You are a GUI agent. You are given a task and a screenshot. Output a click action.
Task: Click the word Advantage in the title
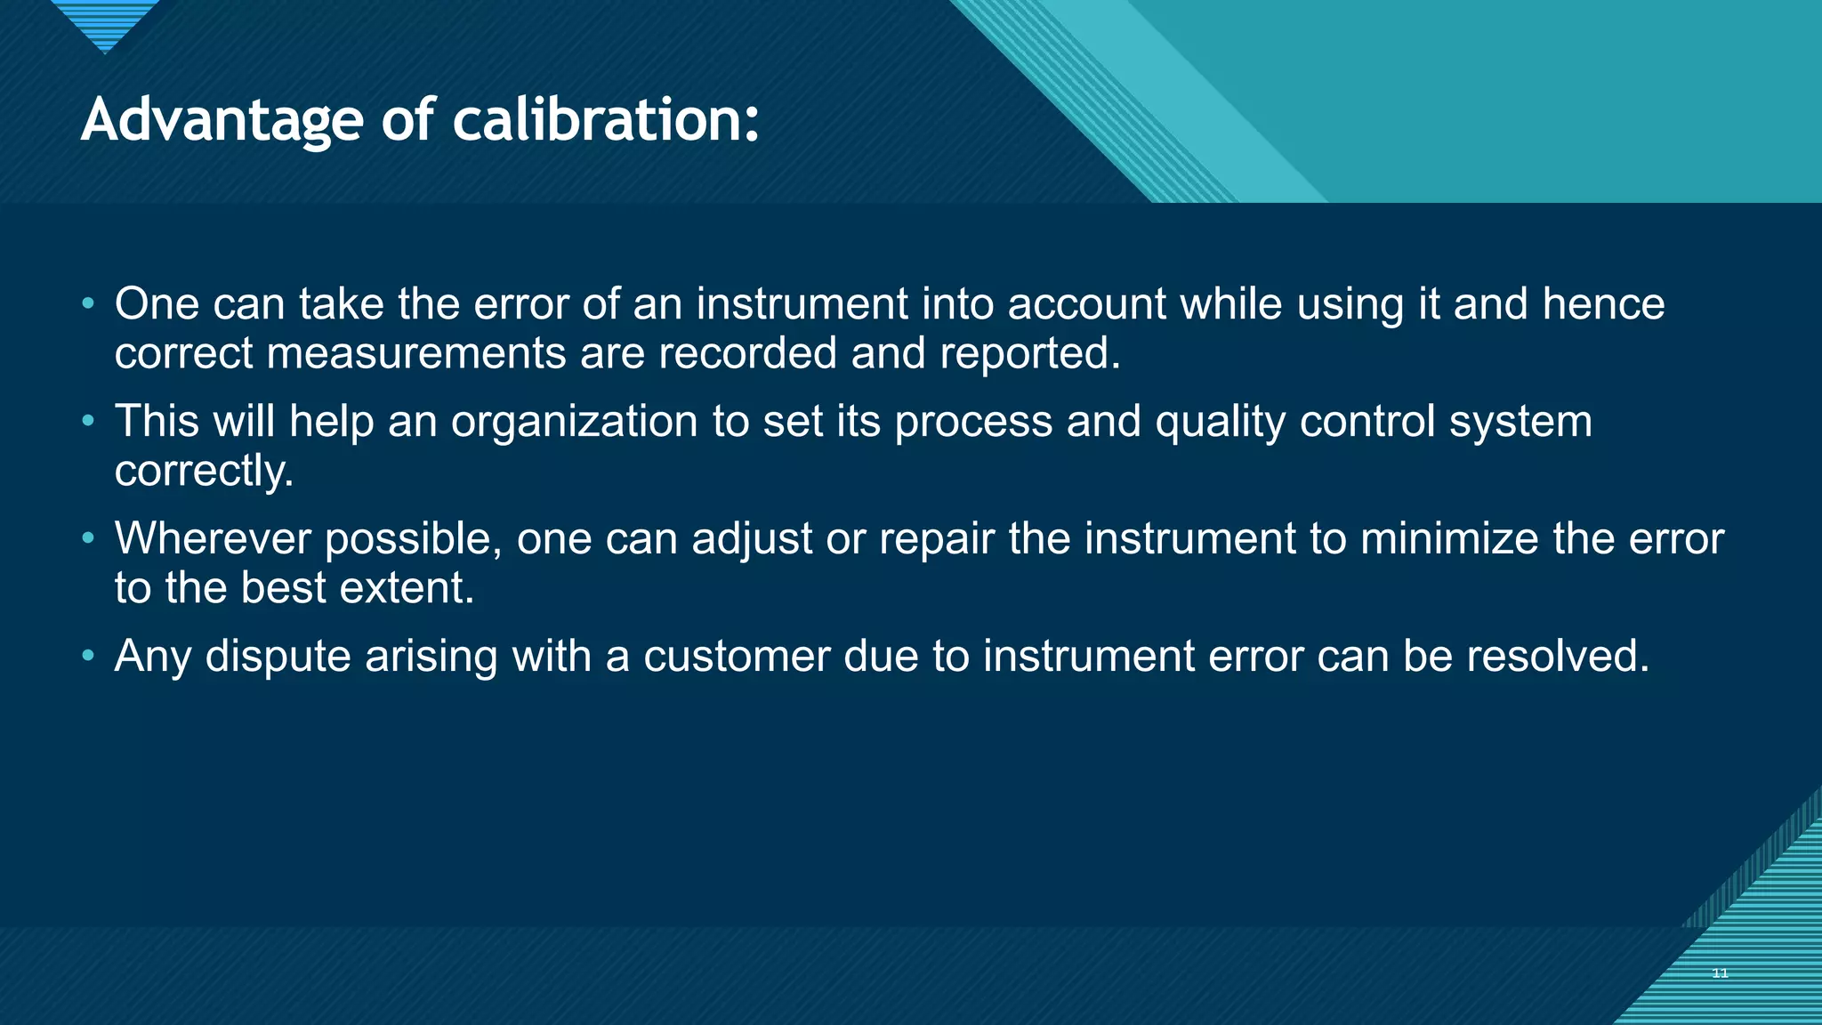pyautogui.click(x=222, y=120)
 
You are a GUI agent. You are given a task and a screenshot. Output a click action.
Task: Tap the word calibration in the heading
pyautogui.click(x=605, y=120)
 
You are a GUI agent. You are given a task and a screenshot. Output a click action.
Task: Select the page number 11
pyautogui.click(x=1720, y=973)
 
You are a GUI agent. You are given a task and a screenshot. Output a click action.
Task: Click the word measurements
pyautogui.click(x=416, y=354)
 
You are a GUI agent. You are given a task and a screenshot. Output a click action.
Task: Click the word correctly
pyautogui.click(x=204, y=472)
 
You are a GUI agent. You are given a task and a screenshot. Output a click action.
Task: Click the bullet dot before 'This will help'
pyautogui.click(x=87, y=420)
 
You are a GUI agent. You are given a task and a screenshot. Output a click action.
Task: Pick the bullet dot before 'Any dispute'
pyautogui.click(x=87, y=656)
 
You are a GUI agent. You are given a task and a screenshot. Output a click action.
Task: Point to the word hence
pyautogui.click(x=1603, y=304)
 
